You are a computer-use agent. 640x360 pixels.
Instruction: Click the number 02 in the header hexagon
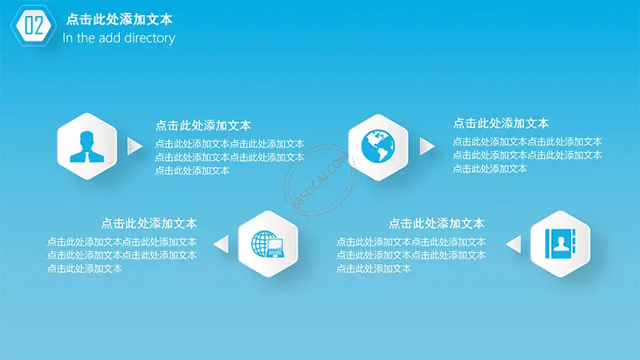click(34, 26)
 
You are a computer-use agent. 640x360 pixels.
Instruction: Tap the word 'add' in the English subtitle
click(110, 38)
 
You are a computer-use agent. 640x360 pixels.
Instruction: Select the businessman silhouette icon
click(86, 146)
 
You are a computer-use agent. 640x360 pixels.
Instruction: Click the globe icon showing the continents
click(378, 146)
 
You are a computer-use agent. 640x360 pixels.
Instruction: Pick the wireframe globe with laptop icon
click(268, 244)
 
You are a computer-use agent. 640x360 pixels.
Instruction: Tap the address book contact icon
click(561, 244)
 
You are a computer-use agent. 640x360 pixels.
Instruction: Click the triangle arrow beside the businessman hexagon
click(134, 146)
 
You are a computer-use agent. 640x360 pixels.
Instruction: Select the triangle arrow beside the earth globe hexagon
click(427, 146)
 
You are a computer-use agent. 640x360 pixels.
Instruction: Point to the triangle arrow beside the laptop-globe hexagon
click(222, 244)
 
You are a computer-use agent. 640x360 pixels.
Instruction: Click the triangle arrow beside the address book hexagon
click(514, 244)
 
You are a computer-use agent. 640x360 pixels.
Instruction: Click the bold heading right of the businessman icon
click(203, 126)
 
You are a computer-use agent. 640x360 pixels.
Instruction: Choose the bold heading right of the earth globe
click(501, 123)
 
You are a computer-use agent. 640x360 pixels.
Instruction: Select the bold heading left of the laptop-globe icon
click(149, 223)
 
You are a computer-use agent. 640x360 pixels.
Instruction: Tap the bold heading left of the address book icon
click(436, 223)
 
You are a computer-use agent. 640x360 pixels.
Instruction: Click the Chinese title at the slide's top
click(119, 19)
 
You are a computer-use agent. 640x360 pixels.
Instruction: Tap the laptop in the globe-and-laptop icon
click(275, 248)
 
